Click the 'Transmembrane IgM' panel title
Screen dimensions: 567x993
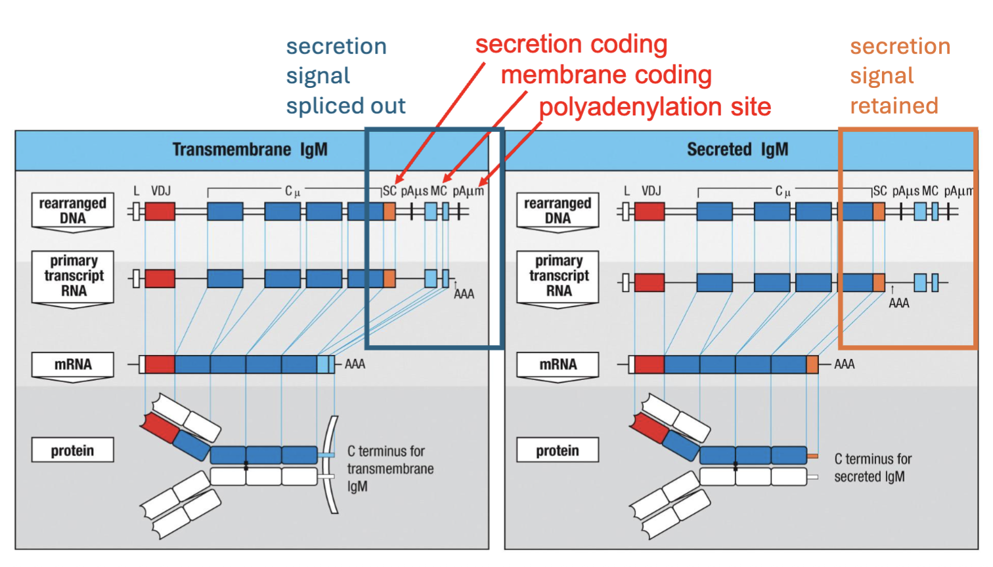pyautogui.click(x=250, y=150)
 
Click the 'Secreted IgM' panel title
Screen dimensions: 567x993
pyautogui.click(x=737, y=150)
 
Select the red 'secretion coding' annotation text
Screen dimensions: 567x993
pyautogui.click(x=571, y=45)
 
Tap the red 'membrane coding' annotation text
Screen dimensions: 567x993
pyautogui.click(x=606, y=75)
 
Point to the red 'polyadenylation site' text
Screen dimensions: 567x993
pyautogui.click(x=655, y=107)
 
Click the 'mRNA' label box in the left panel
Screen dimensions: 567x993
pyautogui.click(x=72, y=365)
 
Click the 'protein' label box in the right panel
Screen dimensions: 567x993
pyautogui.click(x=557, y=450)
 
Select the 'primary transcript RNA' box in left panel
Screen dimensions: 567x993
pyautogui.click(x=73, y=276)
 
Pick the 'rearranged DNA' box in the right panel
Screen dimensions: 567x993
pyautogui.click(x=557, y=211)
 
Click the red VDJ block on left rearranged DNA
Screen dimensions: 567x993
pyautogui.click(x=160, y=211)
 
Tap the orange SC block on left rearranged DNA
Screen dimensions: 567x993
pyautogui.click(x=389, y=211)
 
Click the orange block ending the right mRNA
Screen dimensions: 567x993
pyautogui.click(x=812, y=364)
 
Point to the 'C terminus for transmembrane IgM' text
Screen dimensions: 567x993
pyautogui.click(x=390, y=469)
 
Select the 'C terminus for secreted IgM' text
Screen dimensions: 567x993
pyautogui.click(x=872, y=468)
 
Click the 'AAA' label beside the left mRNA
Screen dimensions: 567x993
pyautogui.click(x=355, y=364)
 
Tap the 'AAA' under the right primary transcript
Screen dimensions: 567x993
pyautogui.click(x=898, y=303)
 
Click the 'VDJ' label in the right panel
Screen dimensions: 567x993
pyautogui.click(x=651, y=191)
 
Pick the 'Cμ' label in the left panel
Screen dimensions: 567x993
pyautogui.click(x=292, y=192)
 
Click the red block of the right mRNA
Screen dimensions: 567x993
pyautogui.click(x=649, y=364)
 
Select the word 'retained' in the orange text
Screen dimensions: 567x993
pyautogui.click(x=894, y=106)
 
